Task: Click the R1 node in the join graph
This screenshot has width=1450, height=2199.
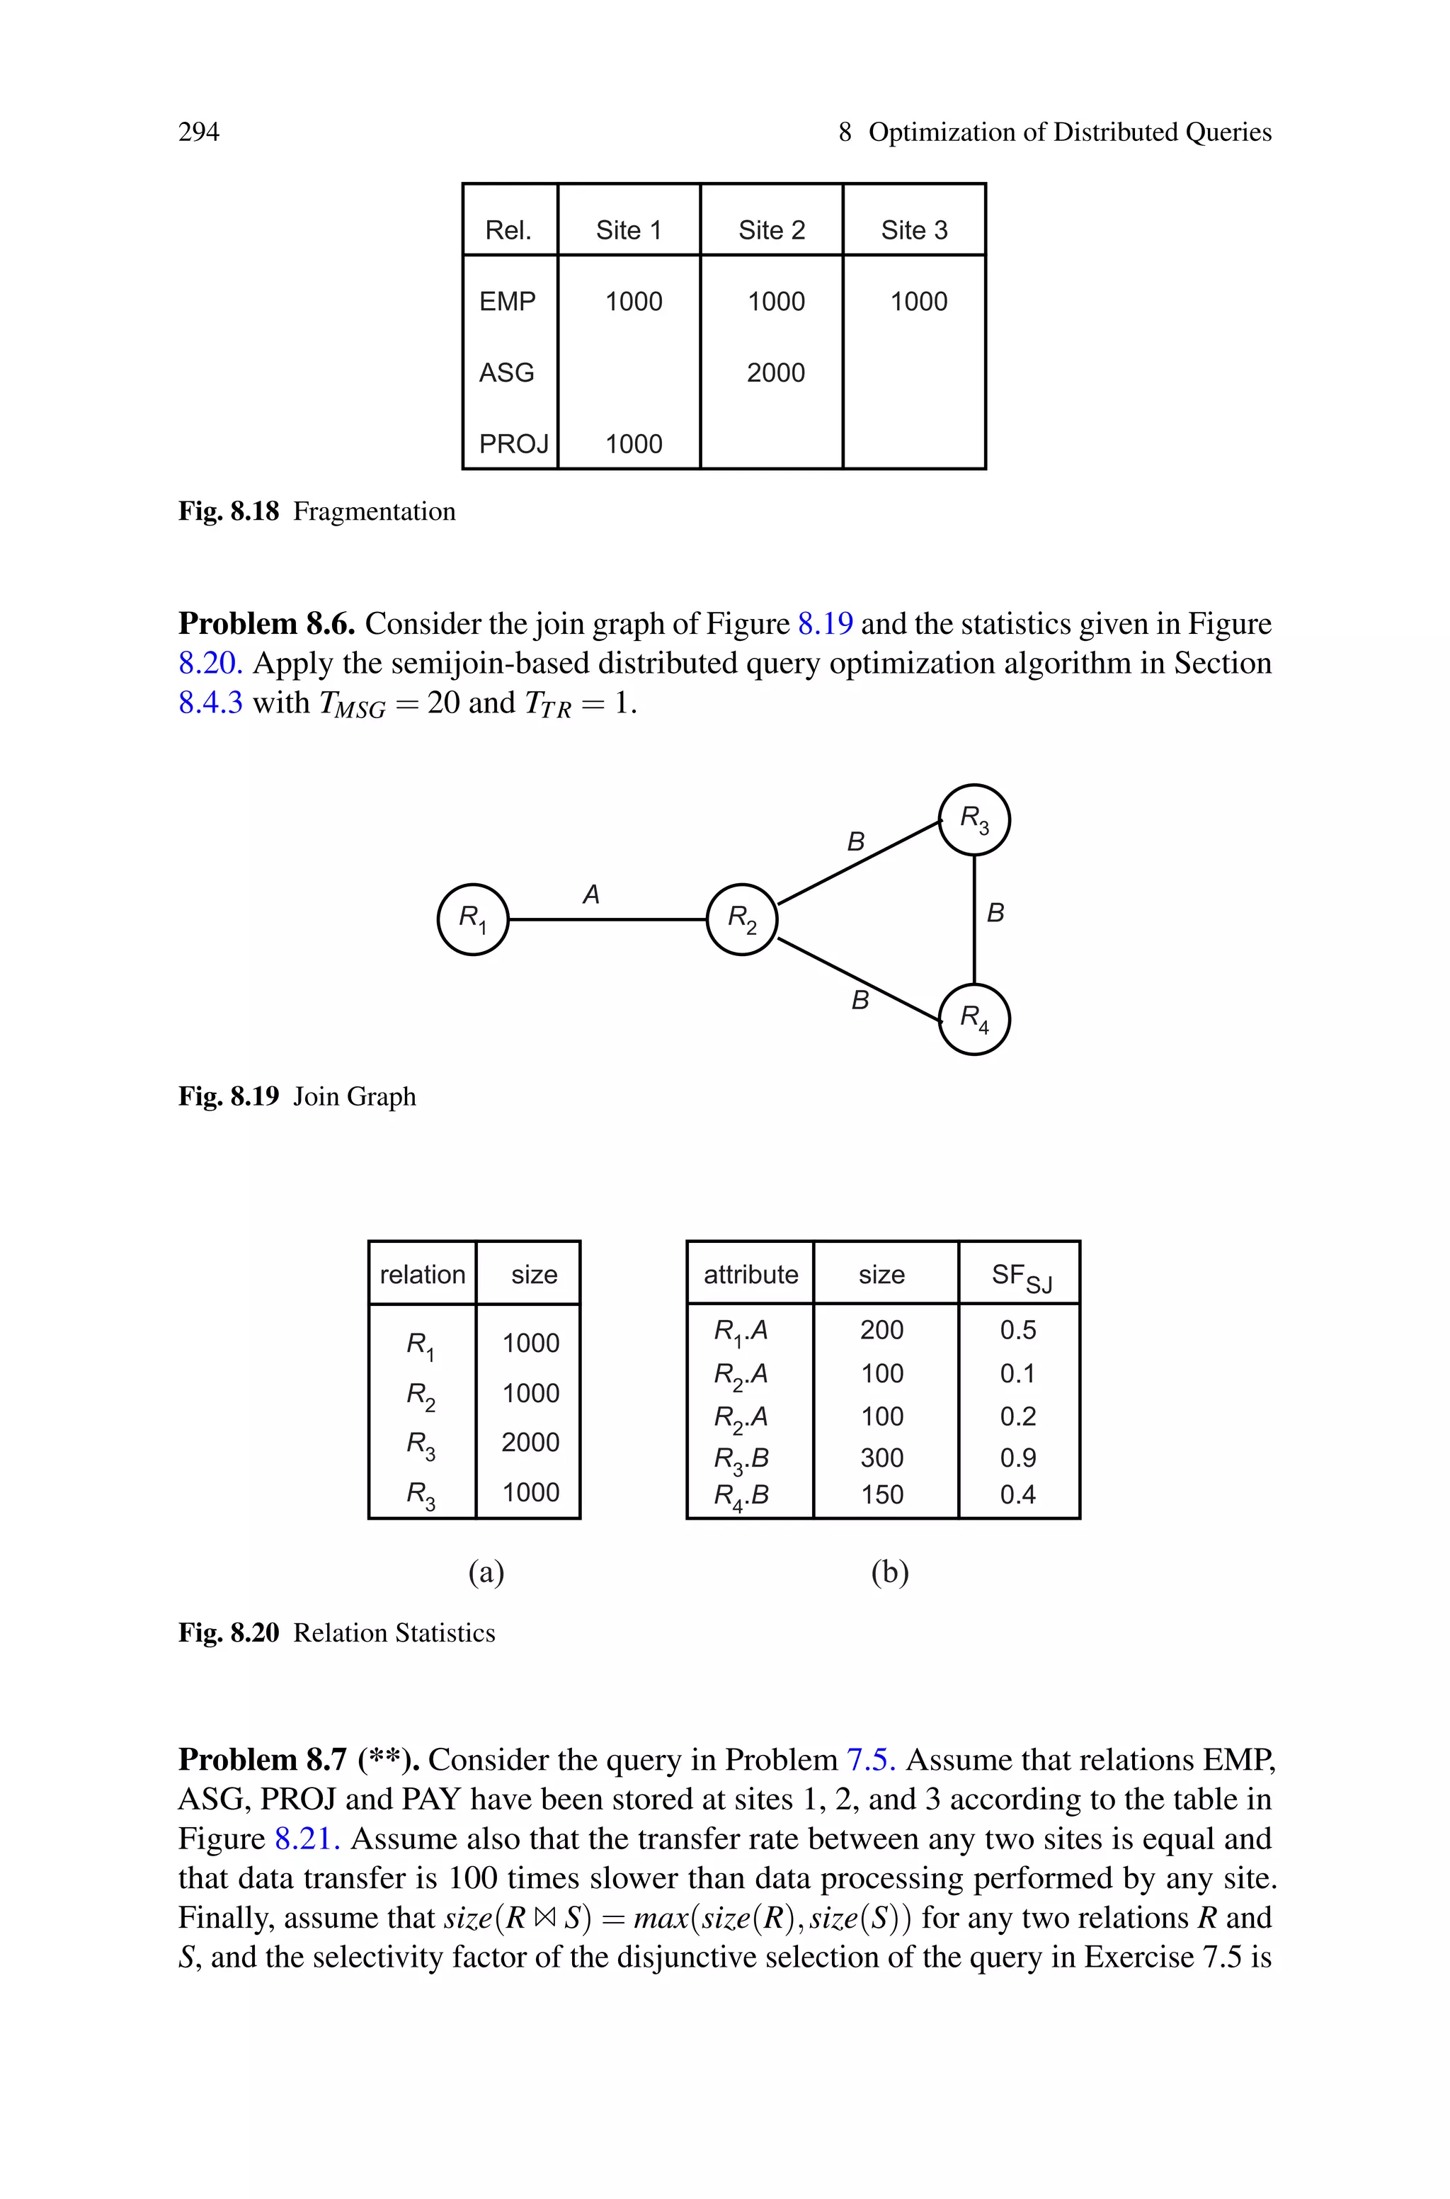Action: pos(472,919)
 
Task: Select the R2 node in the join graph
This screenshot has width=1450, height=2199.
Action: pos(742,919)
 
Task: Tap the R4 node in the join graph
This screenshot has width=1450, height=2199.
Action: pos(974,1019)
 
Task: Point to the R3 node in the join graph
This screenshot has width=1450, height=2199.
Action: pos(974,819)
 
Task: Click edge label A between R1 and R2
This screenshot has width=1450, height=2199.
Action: pos(591,894)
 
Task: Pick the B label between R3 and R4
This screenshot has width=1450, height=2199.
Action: pos(995,913)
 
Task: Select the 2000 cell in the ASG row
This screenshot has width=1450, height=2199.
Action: pos(775,373)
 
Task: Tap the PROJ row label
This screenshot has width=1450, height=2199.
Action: pos(513,444)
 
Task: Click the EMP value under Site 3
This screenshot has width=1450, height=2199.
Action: pos(918,302)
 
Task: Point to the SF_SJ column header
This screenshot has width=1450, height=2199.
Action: pos(1021,1276)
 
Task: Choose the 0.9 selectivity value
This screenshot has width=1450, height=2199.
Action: pos(1017,1458)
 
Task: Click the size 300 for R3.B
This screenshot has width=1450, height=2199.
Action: pos(881,1458)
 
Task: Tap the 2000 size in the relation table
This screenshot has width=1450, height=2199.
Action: pos(530,1442)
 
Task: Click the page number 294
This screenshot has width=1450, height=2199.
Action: pos(199,132)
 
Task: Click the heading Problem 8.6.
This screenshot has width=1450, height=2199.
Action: pos(266,624)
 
